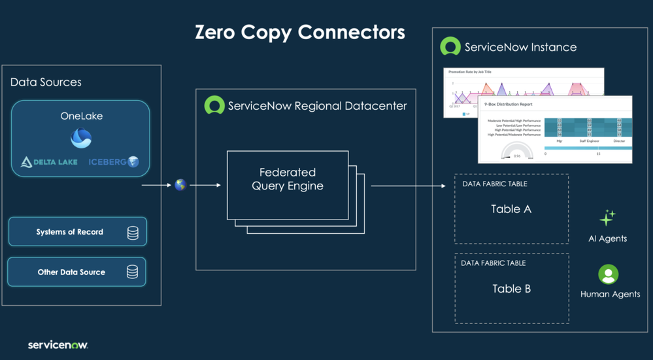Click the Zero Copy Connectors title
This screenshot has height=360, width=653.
tap(300, 32)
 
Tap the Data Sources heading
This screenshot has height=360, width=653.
tap(46, 82)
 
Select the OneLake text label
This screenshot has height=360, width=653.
tap(81, 116)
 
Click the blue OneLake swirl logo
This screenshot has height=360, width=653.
tap(81, 138)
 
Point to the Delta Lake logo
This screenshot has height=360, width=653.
tap(49, 162)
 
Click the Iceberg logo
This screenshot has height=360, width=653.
tap(114, 161)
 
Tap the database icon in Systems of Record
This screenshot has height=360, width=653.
tap(133, 233)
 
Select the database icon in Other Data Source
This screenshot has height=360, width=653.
tap(132, 272)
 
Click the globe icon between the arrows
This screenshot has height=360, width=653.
tap(180, 185)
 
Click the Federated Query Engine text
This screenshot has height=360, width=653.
tap(287, 179)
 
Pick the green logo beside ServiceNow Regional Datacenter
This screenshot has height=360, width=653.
tap(214, 105)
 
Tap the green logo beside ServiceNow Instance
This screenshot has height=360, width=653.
tap(450, 46)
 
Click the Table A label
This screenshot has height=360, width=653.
tap(511, 209)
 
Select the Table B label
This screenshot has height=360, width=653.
tap(511, 289)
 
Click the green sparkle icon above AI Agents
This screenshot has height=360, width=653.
tap(607, 218)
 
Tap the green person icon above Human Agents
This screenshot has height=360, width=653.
tap(608, 274)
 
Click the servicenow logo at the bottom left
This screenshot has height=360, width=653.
tap(58, 344)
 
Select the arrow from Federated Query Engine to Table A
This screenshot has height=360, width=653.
tap(408, 186)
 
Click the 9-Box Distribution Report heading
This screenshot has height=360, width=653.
tap(508, 104)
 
